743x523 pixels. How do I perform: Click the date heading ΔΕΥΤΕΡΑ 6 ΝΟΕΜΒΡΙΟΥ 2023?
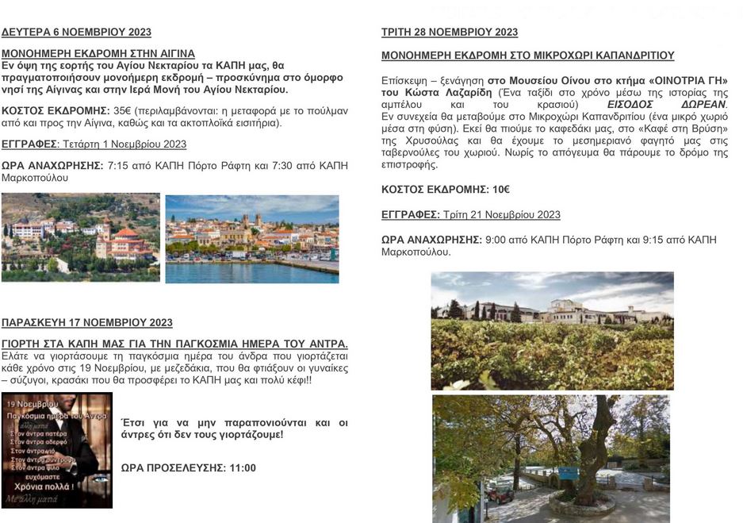click(x=76, y=33)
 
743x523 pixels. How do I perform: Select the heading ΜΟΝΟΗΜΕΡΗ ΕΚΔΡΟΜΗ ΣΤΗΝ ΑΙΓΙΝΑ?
click(x=98, y=53)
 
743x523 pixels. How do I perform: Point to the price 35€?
click(x=123, y=111)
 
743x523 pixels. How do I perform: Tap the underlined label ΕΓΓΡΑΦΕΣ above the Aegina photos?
click(x=29, y=144)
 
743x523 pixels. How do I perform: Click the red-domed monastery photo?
click(x=80, y=237)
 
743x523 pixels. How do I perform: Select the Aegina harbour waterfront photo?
click(x=252, y=239)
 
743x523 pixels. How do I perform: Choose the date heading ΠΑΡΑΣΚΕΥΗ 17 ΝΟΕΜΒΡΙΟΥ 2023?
click(x=87, y=323)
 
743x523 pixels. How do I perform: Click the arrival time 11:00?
click(x=243, y=467)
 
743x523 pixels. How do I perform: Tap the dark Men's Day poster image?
click(x=57, y=450)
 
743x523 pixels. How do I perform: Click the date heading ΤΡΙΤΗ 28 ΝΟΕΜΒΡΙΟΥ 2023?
click(x=450, y=33)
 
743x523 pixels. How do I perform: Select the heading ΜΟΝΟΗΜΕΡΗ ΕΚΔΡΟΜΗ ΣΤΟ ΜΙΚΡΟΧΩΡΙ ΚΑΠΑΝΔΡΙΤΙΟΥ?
click(x=527, y=56)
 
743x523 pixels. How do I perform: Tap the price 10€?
click(x=500, y=190)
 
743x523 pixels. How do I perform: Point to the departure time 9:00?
click(x=496, y=240)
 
